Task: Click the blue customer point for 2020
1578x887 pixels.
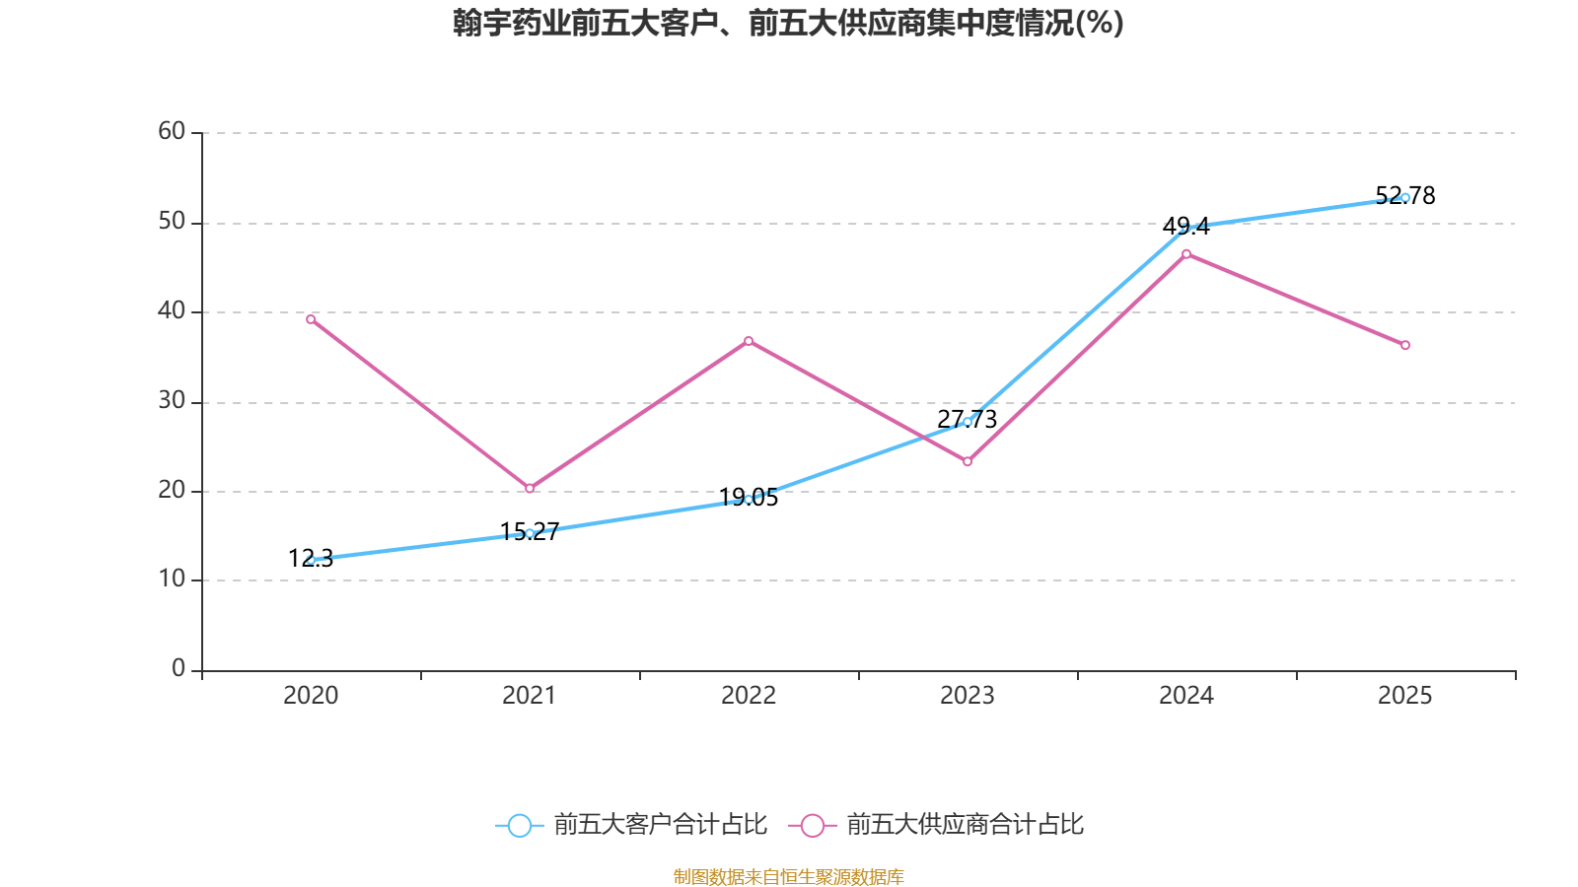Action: [311, 560]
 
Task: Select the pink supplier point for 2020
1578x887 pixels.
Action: [311, 319]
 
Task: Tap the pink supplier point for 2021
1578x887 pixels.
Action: [530, 489]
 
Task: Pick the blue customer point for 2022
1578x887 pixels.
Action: [749, 500]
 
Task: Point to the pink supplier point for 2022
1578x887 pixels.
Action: [749, 341]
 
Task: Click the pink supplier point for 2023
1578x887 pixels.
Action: [968, 462]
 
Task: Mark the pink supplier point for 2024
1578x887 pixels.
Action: [1186, 254]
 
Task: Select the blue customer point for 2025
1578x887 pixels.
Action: [1405, 197]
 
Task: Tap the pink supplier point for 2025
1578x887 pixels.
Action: [1405, 345]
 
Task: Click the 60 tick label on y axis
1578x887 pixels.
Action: [172, 131]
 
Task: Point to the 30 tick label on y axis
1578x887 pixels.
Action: [172, 400]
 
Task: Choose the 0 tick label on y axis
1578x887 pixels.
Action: [179, 668]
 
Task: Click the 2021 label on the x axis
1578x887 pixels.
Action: [530, 696]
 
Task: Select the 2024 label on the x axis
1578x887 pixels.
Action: [1186, 696]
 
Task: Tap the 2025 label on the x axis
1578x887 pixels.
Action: [1405, 696]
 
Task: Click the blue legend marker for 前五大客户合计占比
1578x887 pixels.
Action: [519, 825]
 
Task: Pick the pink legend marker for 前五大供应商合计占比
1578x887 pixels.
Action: [812, 825]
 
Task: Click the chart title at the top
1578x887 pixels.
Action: [788, 23]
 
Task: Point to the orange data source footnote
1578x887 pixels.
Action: [788, 876]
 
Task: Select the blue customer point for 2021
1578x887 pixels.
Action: [530, 533]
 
